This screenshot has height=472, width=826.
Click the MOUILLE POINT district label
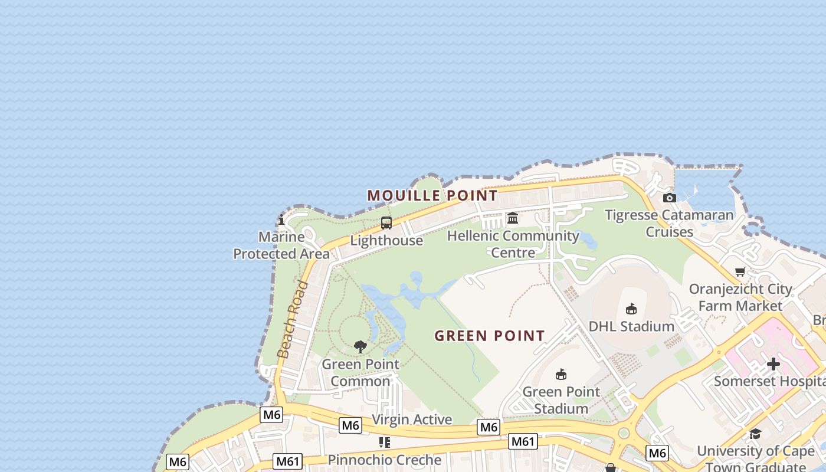point(432,195)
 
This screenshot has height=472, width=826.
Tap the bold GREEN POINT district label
point(490,336)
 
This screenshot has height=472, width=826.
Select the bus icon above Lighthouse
point(386,223)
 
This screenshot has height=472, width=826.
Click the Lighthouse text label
point(386,241)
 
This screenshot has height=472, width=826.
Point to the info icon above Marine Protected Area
point(281,221)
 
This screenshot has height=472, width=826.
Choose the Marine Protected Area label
point(281,245)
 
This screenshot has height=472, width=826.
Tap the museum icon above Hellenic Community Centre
point(513,218)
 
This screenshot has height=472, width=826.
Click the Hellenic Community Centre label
point(513,244)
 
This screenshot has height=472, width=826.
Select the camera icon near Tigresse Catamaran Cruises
point(669,198)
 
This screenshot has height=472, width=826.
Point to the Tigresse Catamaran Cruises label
point(669,223)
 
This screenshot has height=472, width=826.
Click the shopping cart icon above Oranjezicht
point(740,271)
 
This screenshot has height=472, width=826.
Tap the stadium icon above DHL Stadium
point(631,309)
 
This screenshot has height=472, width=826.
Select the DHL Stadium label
point(631,326)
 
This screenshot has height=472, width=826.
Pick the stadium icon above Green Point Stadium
point(561,374)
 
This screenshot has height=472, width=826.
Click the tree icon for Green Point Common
point(360,347)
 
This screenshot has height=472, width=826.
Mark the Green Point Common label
point(360,372)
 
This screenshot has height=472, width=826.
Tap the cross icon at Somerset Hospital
point(773,364)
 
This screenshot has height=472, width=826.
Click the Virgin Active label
point(412,419)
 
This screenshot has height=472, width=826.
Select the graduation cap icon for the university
point(755,434)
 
